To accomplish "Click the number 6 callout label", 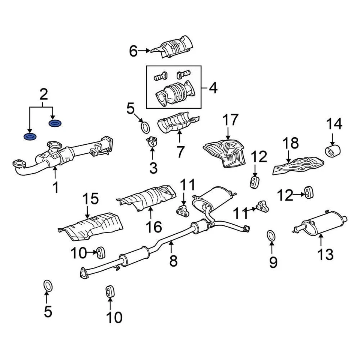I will coord(133,51).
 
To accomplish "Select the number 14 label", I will coord(333,124).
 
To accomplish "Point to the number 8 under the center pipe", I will coord(173,261).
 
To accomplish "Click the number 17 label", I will coord(230,120).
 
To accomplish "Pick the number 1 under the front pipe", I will coord(55,187).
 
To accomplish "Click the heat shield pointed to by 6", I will coord(173,47).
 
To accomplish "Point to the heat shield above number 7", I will coord(177,123).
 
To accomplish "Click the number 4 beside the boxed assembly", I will coord(213,88).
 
